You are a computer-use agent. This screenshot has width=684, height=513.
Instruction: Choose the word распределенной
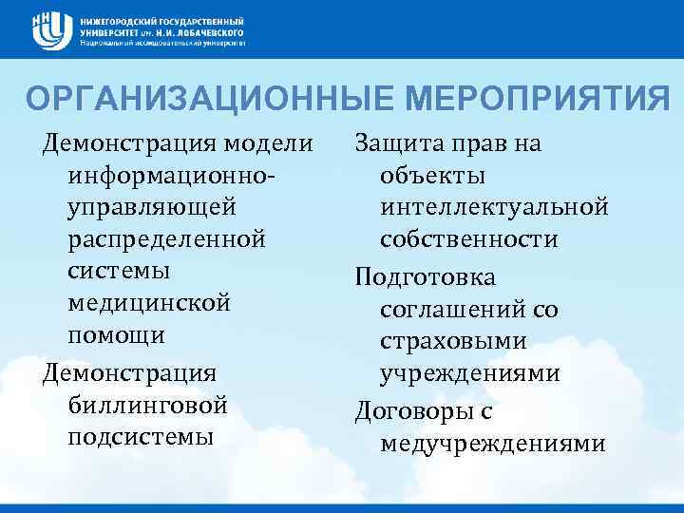pyautogui.click(x=165, y=239)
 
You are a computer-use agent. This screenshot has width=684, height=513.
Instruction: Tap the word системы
pyautogui.click(x=120, y=271)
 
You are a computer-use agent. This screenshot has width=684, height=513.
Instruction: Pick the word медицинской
pyautogui.click(x=149, y=303)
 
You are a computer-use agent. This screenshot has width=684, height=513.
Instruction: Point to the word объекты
pyautogui.click(x=432, y=176)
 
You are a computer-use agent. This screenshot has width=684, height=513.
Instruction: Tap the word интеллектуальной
pyautogui.click(x=494, y=207)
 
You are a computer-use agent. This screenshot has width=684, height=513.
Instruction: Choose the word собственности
pyautogui.click(x=468, y=239)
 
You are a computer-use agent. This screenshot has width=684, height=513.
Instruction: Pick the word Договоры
pyautogui.click(x=410, y=411)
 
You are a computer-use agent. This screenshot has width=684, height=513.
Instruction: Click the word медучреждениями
pyautogui.click(x=492, y=444)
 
